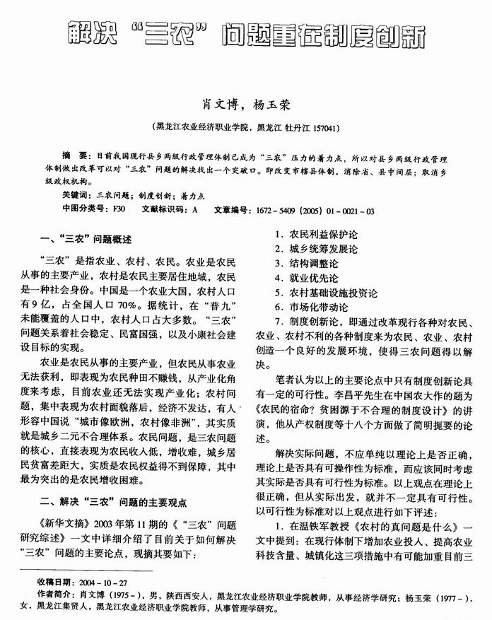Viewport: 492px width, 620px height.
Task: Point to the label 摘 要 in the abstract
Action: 74,154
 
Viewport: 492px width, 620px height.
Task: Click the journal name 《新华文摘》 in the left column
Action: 53,527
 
